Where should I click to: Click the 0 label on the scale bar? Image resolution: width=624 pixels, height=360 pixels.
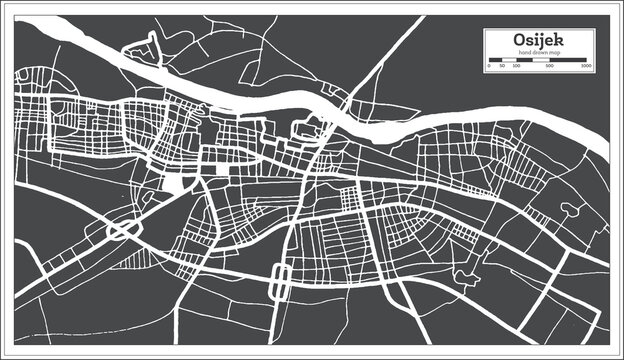point(489,66)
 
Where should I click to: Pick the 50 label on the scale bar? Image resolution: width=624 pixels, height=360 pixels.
point(501,66)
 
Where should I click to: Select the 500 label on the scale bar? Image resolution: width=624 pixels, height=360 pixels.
point(550,66)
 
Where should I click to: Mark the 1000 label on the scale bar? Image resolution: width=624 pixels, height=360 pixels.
point(586,66)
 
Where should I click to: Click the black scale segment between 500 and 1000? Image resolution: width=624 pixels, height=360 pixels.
point(568,60)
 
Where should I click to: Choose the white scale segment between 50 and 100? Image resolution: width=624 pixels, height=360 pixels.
point(508,60)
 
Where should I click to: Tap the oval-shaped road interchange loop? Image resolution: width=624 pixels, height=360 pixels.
point(122,231)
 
